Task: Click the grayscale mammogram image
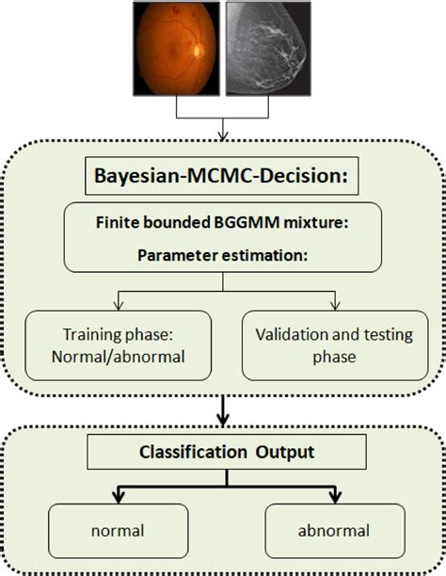pos(268,48)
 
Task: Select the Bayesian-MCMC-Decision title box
pos(224,176)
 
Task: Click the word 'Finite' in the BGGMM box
pos(120,223)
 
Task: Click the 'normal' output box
pos(118,530)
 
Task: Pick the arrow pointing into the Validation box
pos(333,302)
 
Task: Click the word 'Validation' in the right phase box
pos(296,334)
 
